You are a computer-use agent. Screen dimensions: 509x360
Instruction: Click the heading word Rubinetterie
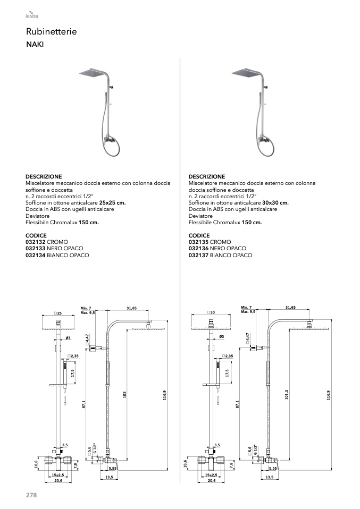(51, 32)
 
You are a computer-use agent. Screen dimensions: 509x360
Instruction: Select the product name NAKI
(35, 45)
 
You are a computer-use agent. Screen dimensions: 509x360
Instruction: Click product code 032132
(36, 242)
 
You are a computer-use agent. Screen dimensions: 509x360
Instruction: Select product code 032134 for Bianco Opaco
(36, 255)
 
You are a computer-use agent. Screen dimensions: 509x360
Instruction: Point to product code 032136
(199, 249)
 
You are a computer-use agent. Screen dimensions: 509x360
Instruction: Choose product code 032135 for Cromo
(199, 242)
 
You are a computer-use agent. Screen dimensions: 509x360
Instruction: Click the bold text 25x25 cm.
(113, 202)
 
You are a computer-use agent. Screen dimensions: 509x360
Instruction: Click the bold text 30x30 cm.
(275, 202)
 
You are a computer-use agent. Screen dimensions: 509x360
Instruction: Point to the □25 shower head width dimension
(58, 314)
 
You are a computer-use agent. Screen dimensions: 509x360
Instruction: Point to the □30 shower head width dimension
(211, 314)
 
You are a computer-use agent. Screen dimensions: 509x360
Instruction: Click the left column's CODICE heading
(36, 235)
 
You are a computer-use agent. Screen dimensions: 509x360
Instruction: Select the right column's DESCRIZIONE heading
(207, 176)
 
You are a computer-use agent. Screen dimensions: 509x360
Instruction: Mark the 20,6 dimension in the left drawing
(58, 480)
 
